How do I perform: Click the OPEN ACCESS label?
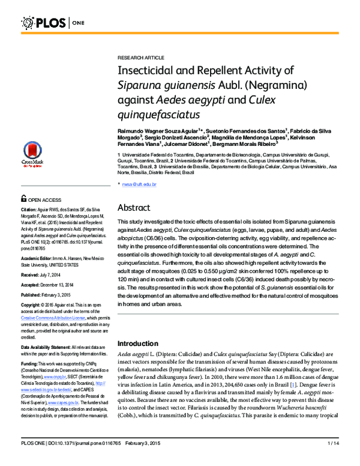44,199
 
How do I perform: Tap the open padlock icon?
23,199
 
